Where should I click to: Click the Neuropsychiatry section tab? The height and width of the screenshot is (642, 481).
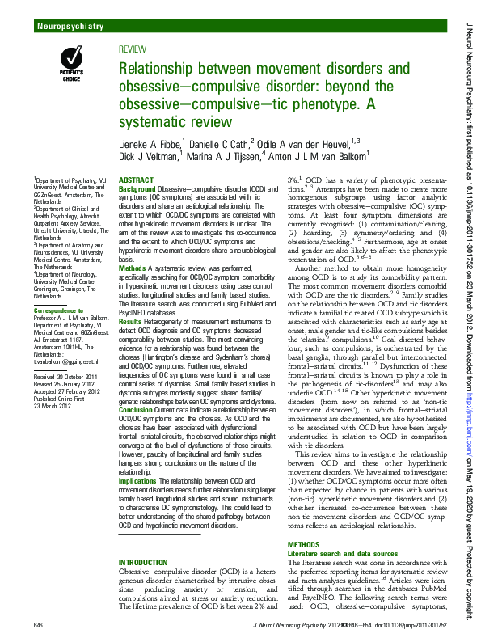coord(70,27)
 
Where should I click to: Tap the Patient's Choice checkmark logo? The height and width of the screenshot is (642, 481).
coord(72,61)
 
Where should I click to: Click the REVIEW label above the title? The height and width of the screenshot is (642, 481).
coord(133,49)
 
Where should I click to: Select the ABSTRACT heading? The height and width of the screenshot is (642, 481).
coord(136,179)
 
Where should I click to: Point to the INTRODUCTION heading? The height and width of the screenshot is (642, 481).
coord(147,561)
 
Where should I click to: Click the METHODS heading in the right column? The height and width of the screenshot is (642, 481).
coord(304,545)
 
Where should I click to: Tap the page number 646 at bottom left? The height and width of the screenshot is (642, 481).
coord(38,626)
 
